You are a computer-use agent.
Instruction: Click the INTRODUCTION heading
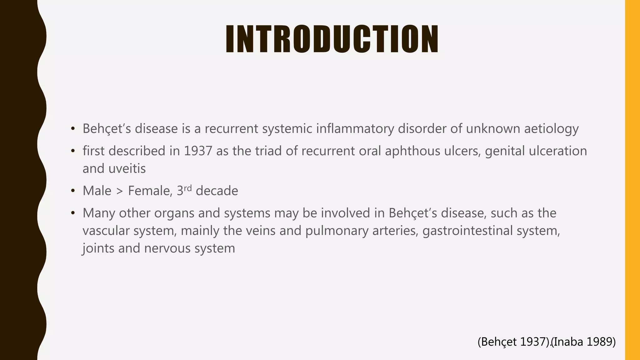[332, 39]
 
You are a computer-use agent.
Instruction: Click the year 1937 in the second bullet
[198, 151]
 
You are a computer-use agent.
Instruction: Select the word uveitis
[127, 169]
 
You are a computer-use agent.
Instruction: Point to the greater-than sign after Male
[120, 191]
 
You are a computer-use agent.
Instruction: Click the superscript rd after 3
[187, 188]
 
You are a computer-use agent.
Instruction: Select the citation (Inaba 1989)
[584, 342]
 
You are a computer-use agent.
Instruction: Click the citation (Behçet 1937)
[514, 342]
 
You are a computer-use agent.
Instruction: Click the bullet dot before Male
[73, 191]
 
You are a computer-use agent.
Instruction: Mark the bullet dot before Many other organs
[73, 213]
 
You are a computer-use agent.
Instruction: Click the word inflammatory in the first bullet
[355, 129]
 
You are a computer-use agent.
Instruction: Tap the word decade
[217, 191]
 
